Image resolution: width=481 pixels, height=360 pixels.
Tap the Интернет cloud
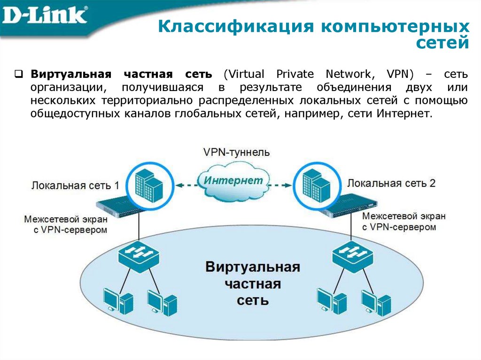[x=233, y=180]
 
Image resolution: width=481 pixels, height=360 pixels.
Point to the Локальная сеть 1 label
[x=75, y=185]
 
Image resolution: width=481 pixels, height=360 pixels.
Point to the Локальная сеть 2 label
[x=391, y=183]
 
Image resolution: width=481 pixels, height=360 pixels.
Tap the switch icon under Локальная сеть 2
[x=352, y=255]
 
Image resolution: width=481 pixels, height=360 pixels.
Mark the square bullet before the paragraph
[x=19, y=74]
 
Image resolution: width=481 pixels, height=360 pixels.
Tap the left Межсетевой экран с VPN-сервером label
[x=66, y=224]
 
